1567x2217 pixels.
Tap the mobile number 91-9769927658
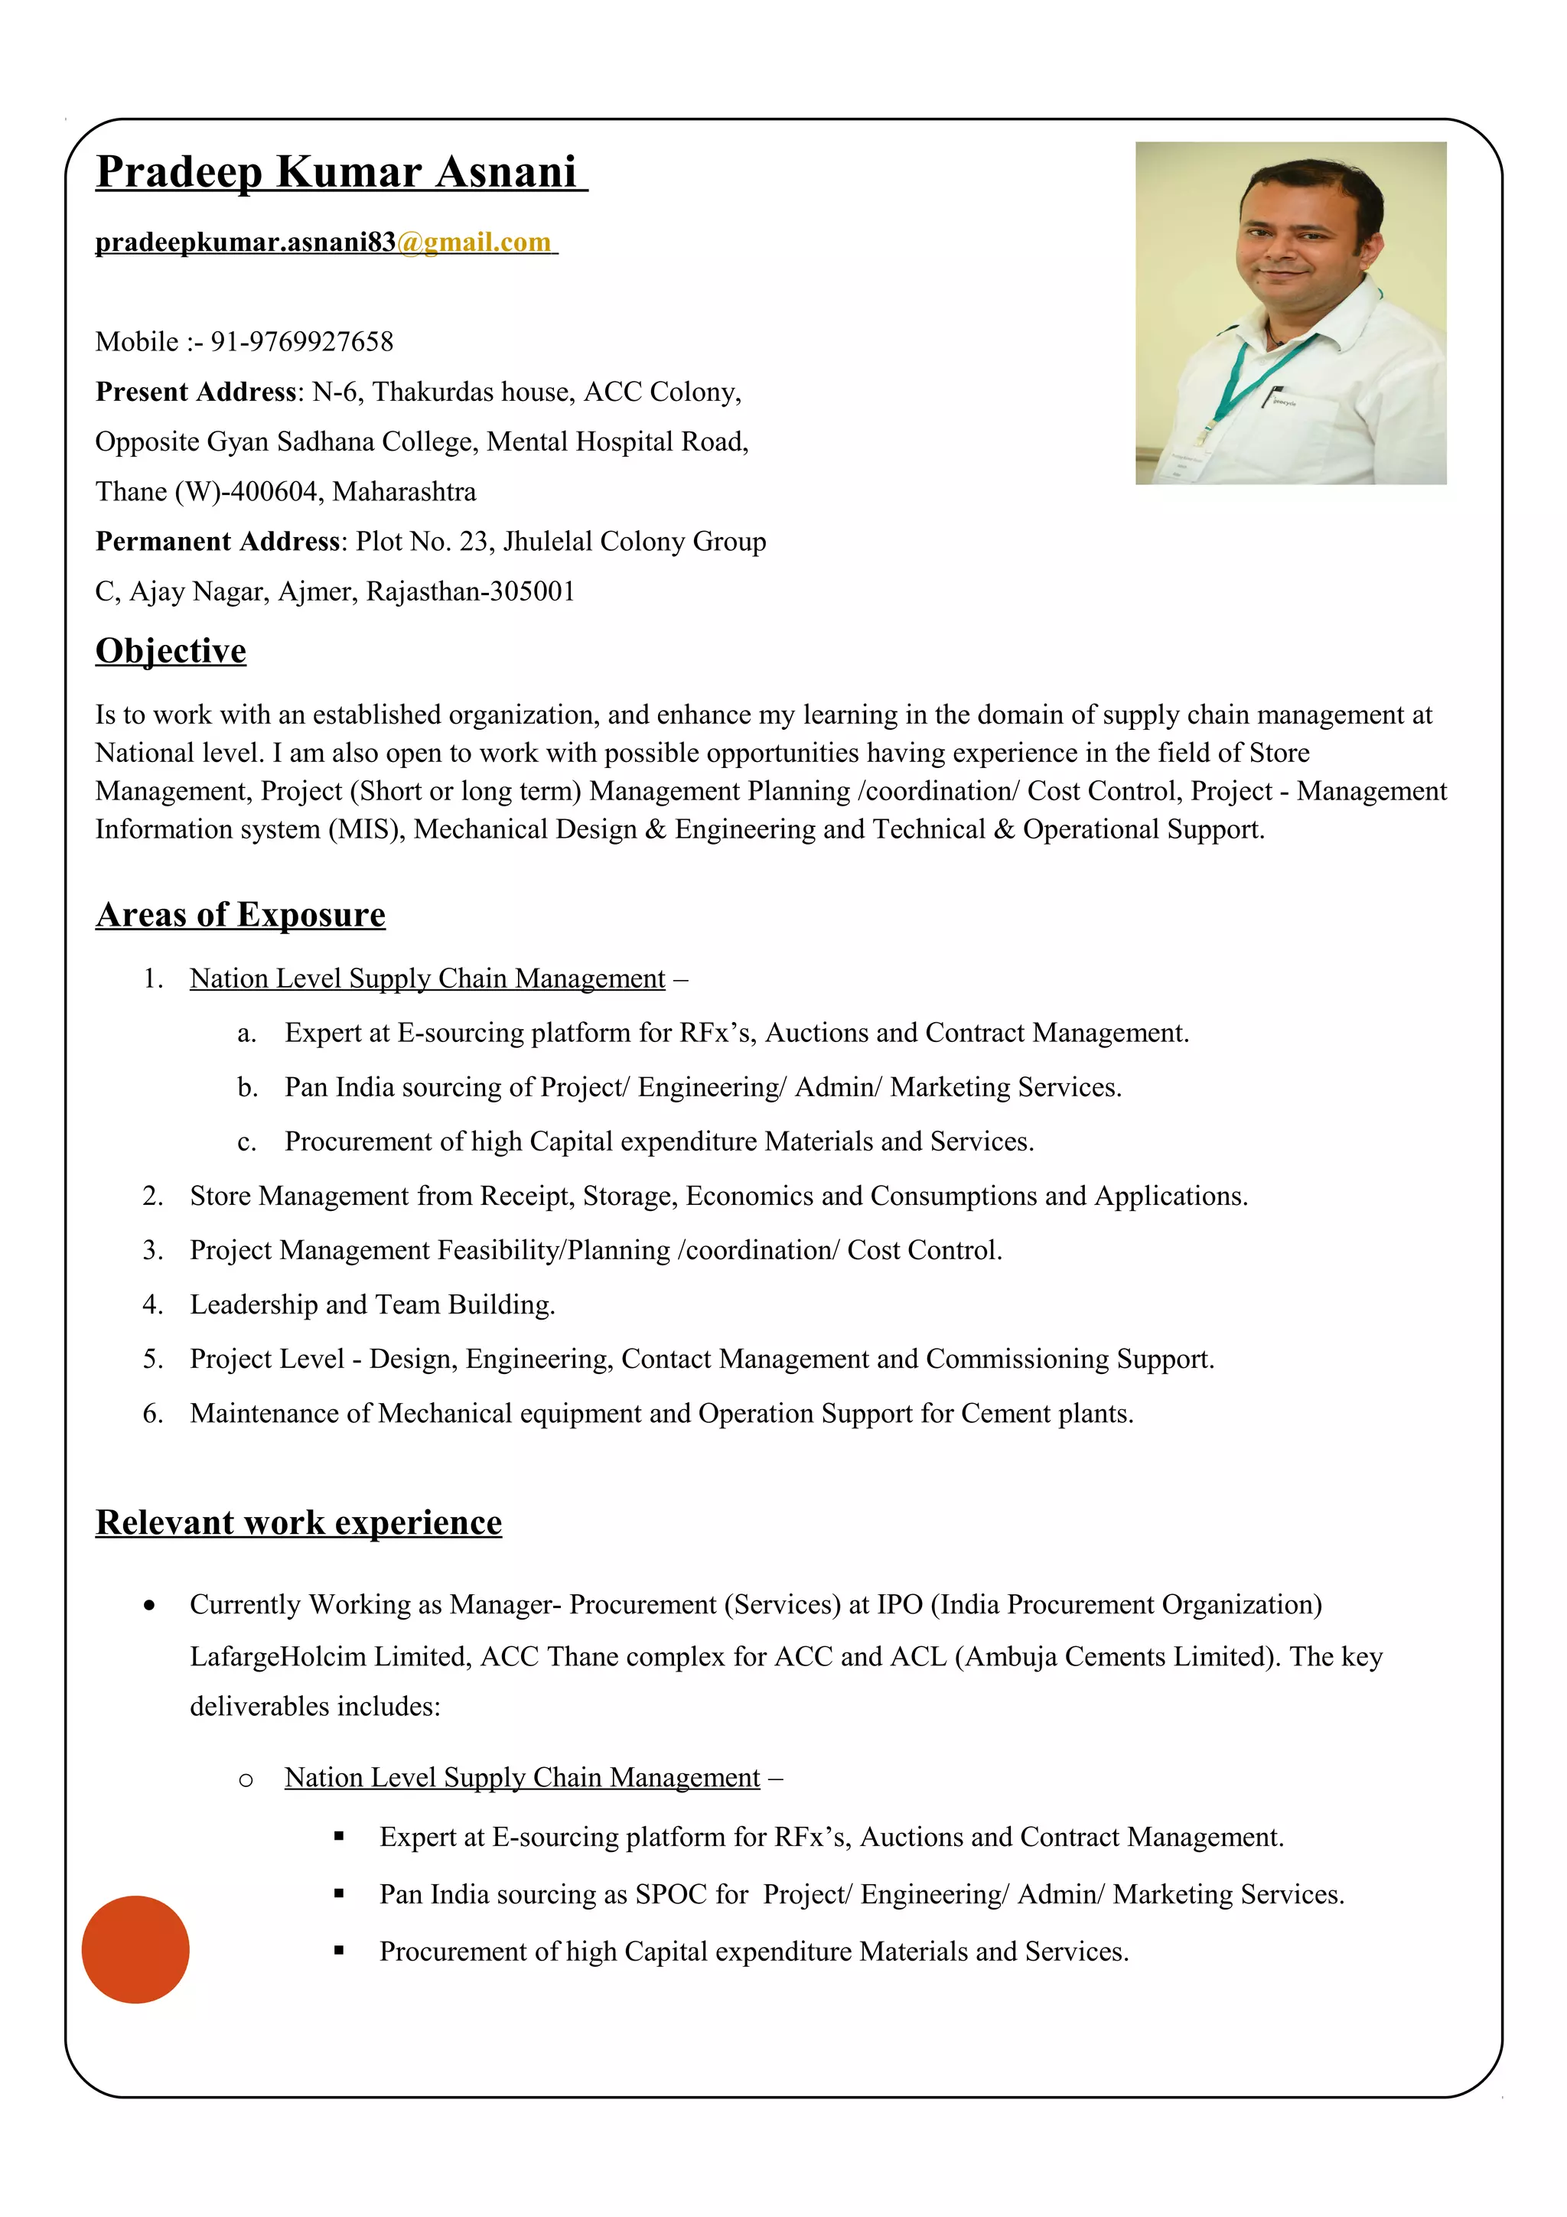pos(301,342)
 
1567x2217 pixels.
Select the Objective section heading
pos(171,651)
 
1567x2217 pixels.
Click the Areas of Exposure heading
pos(240,914)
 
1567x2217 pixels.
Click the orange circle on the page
pos(135,1949)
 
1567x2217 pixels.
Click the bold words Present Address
pos(196,392)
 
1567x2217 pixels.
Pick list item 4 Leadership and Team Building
pos(372,1304)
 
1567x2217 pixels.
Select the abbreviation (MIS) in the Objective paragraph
pos(366,829)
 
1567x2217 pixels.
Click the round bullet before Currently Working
pos(148,1606)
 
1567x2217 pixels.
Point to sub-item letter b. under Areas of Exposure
pos(247,1088)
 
